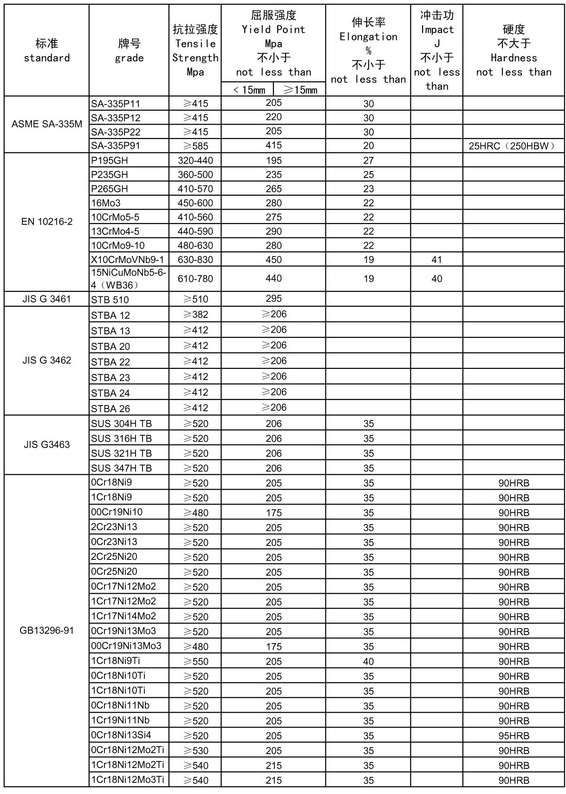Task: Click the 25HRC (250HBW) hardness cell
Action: pos(513,146)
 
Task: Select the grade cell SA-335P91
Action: pos(116,146)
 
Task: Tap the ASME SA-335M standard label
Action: pos(46,124)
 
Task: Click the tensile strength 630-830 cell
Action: pos(195,260)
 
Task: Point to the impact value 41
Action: pos(436,260)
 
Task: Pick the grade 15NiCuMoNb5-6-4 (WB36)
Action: pos(128,279)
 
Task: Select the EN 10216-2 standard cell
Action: pos(46,222)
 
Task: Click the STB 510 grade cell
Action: pos(110,300)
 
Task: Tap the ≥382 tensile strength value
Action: pos(195,315)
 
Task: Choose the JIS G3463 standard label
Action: pos(46,445)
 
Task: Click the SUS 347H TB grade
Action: pos(121,468)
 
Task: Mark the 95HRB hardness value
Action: pos(514,735)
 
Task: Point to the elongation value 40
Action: pos(368,661)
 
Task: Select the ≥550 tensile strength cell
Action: pos(195,661)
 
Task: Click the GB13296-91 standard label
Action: pos(46,630)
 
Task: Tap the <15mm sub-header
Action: pos(247,90)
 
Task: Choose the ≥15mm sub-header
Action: pos(299,90)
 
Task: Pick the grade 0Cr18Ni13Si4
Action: pos(121,735)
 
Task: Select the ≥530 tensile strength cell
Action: pos(195,750)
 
